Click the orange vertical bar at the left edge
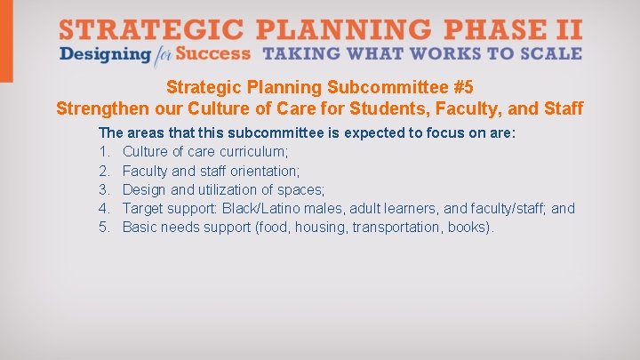(x=6, y=40)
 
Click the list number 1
(x=103, y=152)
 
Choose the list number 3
(x=103, y=189)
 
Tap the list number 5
(x=103, y=228)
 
